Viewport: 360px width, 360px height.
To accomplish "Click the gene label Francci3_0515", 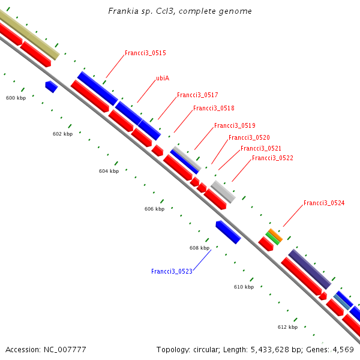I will (x=145, y=53).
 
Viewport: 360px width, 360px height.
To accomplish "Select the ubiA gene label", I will (x=161, y=79).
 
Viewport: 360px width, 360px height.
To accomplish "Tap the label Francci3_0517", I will (x=197, y=95).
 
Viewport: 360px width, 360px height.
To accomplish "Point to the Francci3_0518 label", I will (x=214, y=109).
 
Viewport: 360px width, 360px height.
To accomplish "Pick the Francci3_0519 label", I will (x=235, y=126).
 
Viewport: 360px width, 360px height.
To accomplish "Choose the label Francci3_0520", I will (x=249, y=138).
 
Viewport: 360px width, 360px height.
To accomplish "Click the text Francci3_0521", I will (x=261, y=149).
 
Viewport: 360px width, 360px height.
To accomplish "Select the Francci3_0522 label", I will (x=272, y=158).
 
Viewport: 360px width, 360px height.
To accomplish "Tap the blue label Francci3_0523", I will (x=172, y=272).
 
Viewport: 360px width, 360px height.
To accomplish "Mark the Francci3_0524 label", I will (x=324, y=203).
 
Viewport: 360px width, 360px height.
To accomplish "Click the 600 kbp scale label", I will (x=16, y=98).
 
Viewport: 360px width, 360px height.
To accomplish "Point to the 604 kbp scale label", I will (x=109, y=172).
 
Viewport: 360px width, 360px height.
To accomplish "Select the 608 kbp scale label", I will (x=199, y=248).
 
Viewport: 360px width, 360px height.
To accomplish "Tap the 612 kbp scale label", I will (x=287, y=328).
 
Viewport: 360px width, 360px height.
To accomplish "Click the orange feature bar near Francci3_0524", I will (x=275, y=235).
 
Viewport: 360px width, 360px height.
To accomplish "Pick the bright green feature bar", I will (x=272, y=238).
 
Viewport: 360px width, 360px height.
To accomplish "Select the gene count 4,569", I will (x=343, y=349).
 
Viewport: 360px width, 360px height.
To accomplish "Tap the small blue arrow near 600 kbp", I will (x=52, y=87).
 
